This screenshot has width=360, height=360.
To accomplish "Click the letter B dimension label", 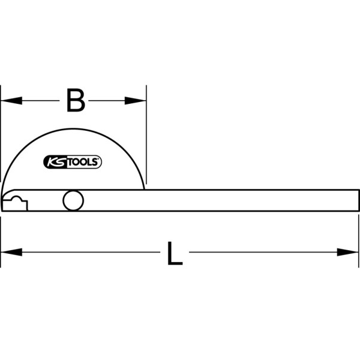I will [x=75, y=101].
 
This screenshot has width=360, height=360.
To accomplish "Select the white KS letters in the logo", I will [x=55, y=161].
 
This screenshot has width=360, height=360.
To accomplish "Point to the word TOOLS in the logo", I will [x=82, y=161].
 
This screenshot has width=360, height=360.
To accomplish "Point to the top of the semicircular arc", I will [x=73, y=128].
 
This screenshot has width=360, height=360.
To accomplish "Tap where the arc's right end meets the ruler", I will [x=145, y=190].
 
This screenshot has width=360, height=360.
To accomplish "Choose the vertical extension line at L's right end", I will [x=359, y=240].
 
